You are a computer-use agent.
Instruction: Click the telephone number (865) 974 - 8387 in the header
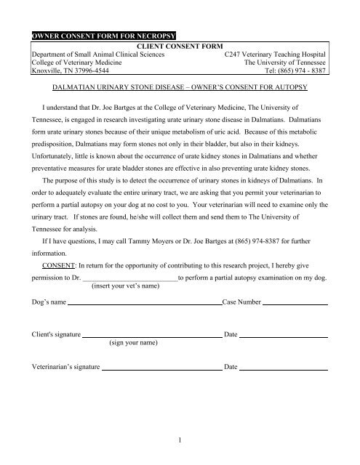click(x=299, y=73)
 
